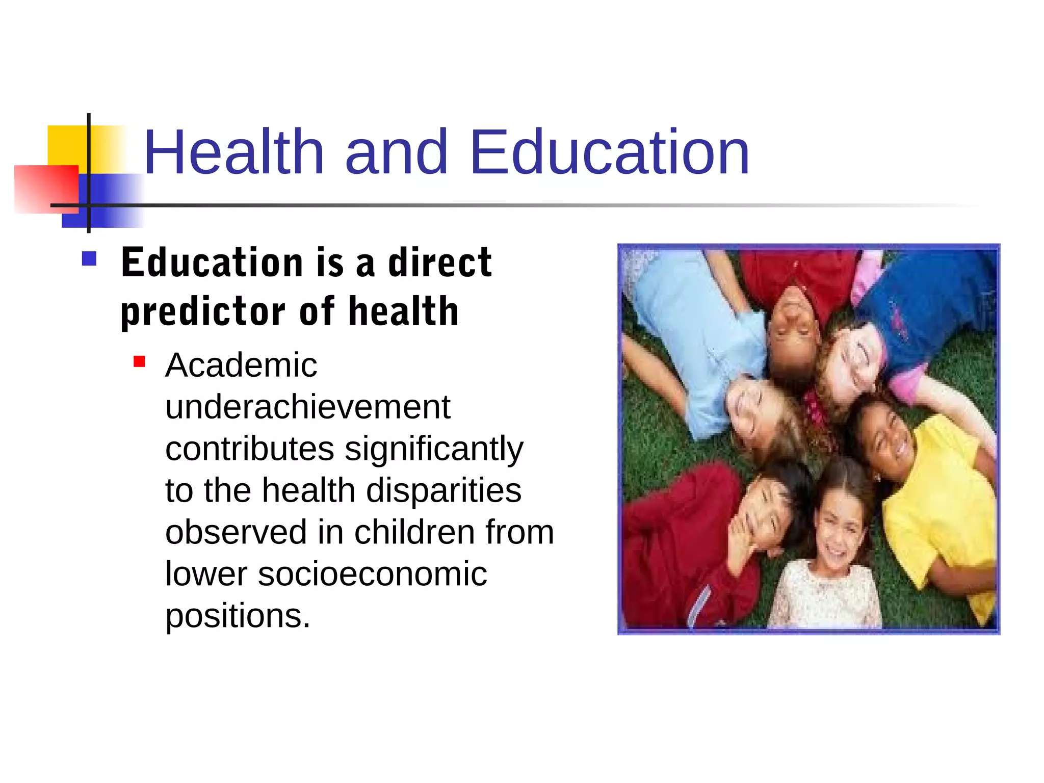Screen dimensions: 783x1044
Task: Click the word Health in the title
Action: (x=234, y=152)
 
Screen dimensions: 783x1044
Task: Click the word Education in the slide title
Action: (x=610, y=152)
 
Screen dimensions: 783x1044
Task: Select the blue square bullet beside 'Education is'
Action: (x=89, y=259)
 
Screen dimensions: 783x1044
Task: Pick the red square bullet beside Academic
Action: (x=139, y=362)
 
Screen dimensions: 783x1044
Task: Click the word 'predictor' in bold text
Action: (x=203, y=312)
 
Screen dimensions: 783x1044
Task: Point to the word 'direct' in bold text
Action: (x=440, y=263)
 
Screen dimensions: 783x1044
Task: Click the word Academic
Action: (x=241, y=366)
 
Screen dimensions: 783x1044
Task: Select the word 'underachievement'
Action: (x=308, y=407)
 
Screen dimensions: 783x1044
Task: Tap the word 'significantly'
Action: (x=434, y=450)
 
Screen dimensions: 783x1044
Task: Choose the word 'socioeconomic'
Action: (x=372, y=574)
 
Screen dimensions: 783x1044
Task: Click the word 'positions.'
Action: (x=238, y=616)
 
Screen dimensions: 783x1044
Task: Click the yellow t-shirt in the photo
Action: (x=943, y=510)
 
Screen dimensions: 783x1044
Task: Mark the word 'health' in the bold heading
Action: (x=404, y=312)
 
